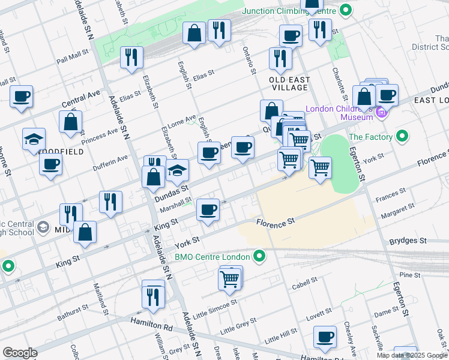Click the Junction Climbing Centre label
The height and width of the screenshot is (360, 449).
click(289, 11)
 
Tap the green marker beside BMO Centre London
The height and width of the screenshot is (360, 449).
click(260, 257)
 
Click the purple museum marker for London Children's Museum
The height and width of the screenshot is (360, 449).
click(380, 112)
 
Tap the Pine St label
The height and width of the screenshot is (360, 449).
click(409, 275)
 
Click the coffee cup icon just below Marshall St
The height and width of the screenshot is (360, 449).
click(208, 210)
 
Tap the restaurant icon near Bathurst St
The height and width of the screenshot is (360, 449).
click(153, 296)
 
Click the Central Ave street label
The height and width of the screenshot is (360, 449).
click(81, 100)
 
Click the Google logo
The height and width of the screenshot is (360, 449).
click(20, 353)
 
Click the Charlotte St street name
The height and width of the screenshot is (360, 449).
click(340, 85)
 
